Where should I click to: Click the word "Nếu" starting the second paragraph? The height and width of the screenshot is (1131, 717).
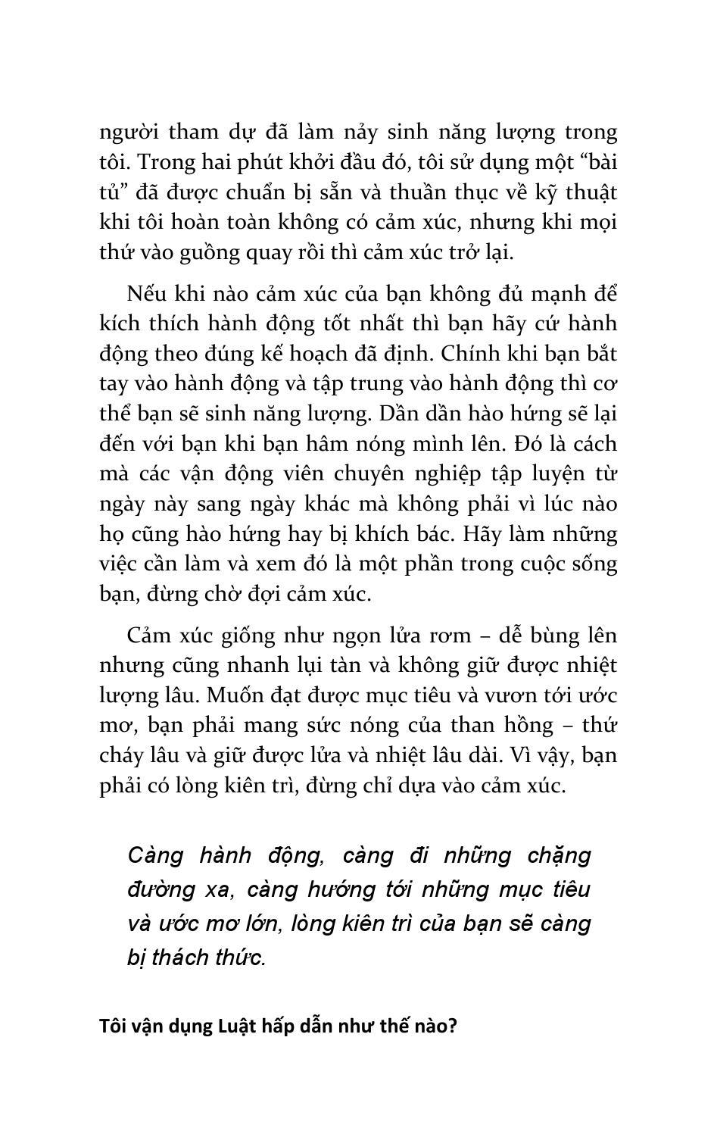(144, 293)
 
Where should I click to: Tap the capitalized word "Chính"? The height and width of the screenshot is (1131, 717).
(465, 354)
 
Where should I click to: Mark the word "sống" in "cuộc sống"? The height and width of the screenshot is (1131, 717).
(597, 564)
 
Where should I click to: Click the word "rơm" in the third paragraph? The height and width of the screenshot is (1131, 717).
(450, 635)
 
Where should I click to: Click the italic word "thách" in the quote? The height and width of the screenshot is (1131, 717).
(179, 958)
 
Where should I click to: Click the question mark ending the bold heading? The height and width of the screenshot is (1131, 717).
(453, 1026)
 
